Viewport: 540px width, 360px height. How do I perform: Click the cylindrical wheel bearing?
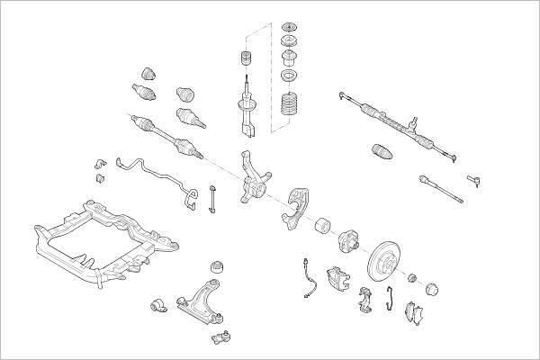(322, 226)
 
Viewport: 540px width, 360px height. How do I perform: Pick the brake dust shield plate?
(297, 206)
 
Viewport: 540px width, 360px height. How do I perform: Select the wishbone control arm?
(201, 301)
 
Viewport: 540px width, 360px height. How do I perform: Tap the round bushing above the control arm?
(216, 267)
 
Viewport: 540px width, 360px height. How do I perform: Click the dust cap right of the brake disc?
(431, 289)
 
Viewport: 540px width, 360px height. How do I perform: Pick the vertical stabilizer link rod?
(212, 199)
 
